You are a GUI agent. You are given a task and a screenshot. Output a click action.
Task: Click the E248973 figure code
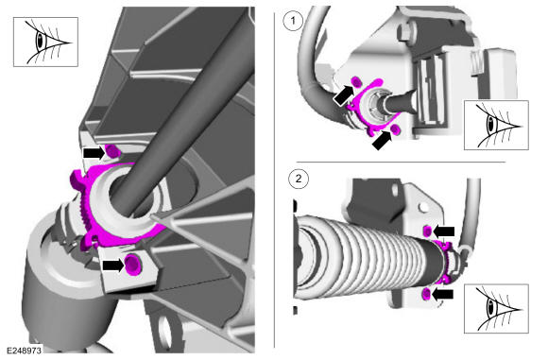(x=24, y=351)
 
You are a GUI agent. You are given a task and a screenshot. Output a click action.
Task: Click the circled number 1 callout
(x=293, y=21)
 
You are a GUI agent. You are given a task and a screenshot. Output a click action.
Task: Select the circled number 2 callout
(x=299, y=179)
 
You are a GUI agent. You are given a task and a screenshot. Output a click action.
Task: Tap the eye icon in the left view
(x=45, y=42)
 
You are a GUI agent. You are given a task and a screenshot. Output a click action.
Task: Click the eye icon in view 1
(x=496, y=125)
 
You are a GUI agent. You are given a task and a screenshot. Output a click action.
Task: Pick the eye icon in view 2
(x=496, y=309)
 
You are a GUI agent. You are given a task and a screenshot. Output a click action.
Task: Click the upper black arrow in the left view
(x=94, y=152)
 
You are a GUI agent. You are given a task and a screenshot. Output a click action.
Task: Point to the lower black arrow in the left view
(x=113, y=266)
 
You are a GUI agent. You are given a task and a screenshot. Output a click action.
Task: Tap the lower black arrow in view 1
(x=382, y=140)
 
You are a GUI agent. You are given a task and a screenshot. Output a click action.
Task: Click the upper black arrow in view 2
(x=444, y=231)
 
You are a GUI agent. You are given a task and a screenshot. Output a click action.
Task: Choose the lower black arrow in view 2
(x=443, y=294)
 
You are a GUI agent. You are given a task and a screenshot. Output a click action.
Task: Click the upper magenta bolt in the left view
(x=111, y=151)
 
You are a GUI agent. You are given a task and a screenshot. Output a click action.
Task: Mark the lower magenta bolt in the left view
(x=132, y=264)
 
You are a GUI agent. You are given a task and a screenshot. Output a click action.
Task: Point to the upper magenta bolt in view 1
(x=356, y=82)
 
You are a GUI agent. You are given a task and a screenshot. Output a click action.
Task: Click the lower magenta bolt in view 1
(x=396, y=129)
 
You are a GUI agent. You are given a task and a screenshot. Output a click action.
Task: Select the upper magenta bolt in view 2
(x=428, y=231)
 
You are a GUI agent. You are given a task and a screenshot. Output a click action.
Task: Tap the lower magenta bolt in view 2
(x=426, y=294)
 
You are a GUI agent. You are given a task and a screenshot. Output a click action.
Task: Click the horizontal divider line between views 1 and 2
(x=401, y=163)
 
